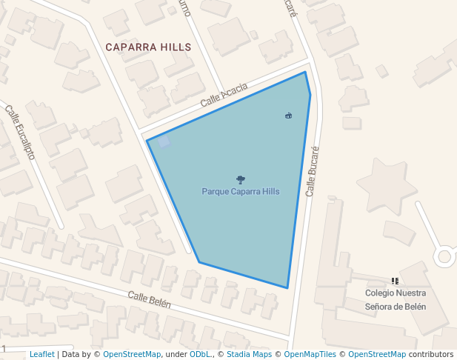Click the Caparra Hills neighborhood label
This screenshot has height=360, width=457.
148,47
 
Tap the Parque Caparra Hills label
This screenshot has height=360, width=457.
241,191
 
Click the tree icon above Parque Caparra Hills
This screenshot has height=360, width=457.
240,179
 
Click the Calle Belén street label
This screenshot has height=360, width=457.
149,300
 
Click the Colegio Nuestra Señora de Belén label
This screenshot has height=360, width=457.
395,300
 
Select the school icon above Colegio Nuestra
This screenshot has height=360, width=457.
395,281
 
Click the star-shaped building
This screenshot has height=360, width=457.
386,185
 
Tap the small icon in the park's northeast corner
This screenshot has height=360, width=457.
288,115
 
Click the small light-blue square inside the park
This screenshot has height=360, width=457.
164,141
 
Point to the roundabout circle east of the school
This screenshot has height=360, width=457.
444,256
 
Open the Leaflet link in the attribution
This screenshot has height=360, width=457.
42,354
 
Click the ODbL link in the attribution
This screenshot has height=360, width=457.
199,354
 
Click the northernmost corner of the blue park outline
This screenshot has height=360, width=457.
305,72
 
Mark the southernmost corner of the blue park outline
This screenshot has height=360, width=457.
287,288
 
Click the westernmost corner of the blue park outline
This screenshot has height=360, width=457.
147,141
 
